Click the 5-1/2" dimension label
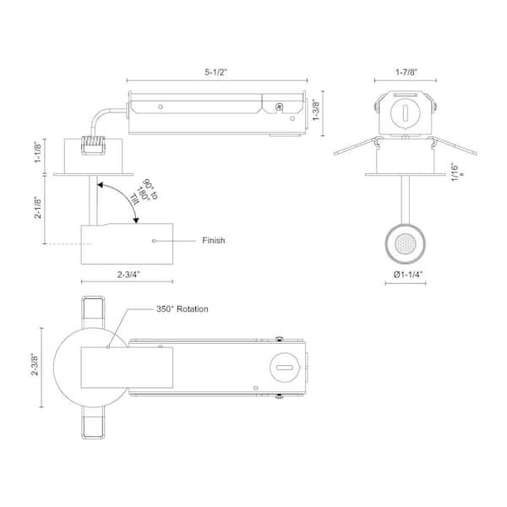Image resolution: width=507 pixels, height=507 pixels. coord(216,72)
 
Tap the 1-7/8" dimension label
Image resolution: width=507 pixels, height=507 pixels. coord(406,72)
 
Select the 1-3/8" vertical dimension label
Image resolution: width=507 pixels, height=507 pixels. coord(316,111)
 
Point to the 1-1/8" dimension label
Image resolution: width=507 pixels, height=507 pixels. coord(38,153)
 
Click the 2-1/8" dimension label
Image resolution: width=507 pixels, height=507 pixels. coord(38,207)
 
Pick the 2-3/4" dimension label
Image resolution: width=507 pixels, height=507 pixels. coord(128,275)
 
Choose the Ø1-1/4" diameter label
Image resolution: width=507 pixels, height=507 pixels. coord(408,275)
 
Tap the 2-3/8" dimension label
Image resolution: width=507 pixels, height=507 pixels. coord(35,365)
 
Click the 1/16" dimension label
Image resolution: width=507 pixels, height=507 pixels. coord(456,172)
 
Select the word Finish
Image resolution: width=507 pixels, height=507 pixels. coord(214,240)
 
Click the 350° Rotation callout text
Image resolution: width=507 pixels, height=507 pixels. coord(183,308)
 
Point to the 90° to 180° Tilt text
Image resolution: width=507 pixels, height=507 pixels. coord(144,192)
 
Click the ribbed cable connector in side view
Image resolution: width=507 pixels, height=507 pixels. coord(94,145)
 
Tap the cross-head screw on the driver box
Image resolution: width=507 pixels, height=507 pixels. coord(279,106)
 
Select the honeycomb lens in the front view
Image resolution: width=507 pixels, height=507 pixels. coord(405,244)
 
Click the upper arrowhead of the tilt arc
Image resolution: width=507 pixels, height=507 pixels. coord(101,185)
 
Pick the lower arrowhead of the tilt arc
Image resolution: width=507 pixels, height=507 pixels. coord(136,221)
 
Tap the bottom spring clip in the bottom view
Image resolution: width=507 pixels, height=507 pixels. coord(93,422)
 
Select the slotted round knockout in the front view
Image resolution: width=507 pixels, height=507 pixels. coord(405,113)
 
